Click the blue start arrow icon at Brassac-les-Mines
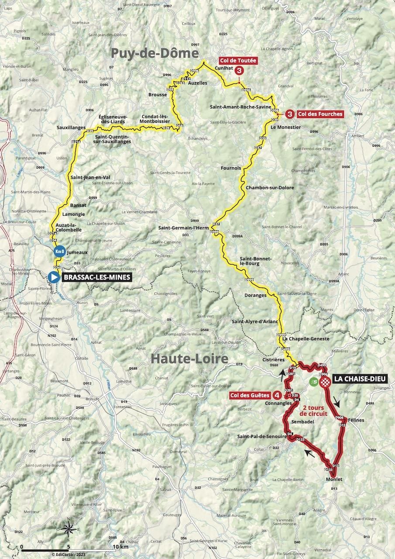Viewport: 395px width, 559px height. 54,277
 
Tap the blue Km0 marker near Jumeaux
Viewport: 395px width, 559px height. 59,252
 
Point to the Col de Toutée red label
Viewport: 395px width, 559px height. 238,61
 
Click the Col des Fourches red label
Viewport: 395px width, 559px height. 319,114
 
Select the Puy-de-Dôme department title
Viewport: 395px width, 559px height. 155,53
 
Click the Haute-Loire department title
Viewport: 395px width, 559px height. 189,359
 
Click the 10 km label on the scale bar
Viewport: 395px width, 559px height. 120,546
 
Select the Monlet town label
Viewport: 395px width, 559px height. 334,479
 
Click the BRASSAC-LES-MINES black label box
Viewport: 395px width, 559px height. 96,277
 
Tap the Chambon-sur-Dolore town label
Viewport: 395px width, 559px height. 270,187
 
